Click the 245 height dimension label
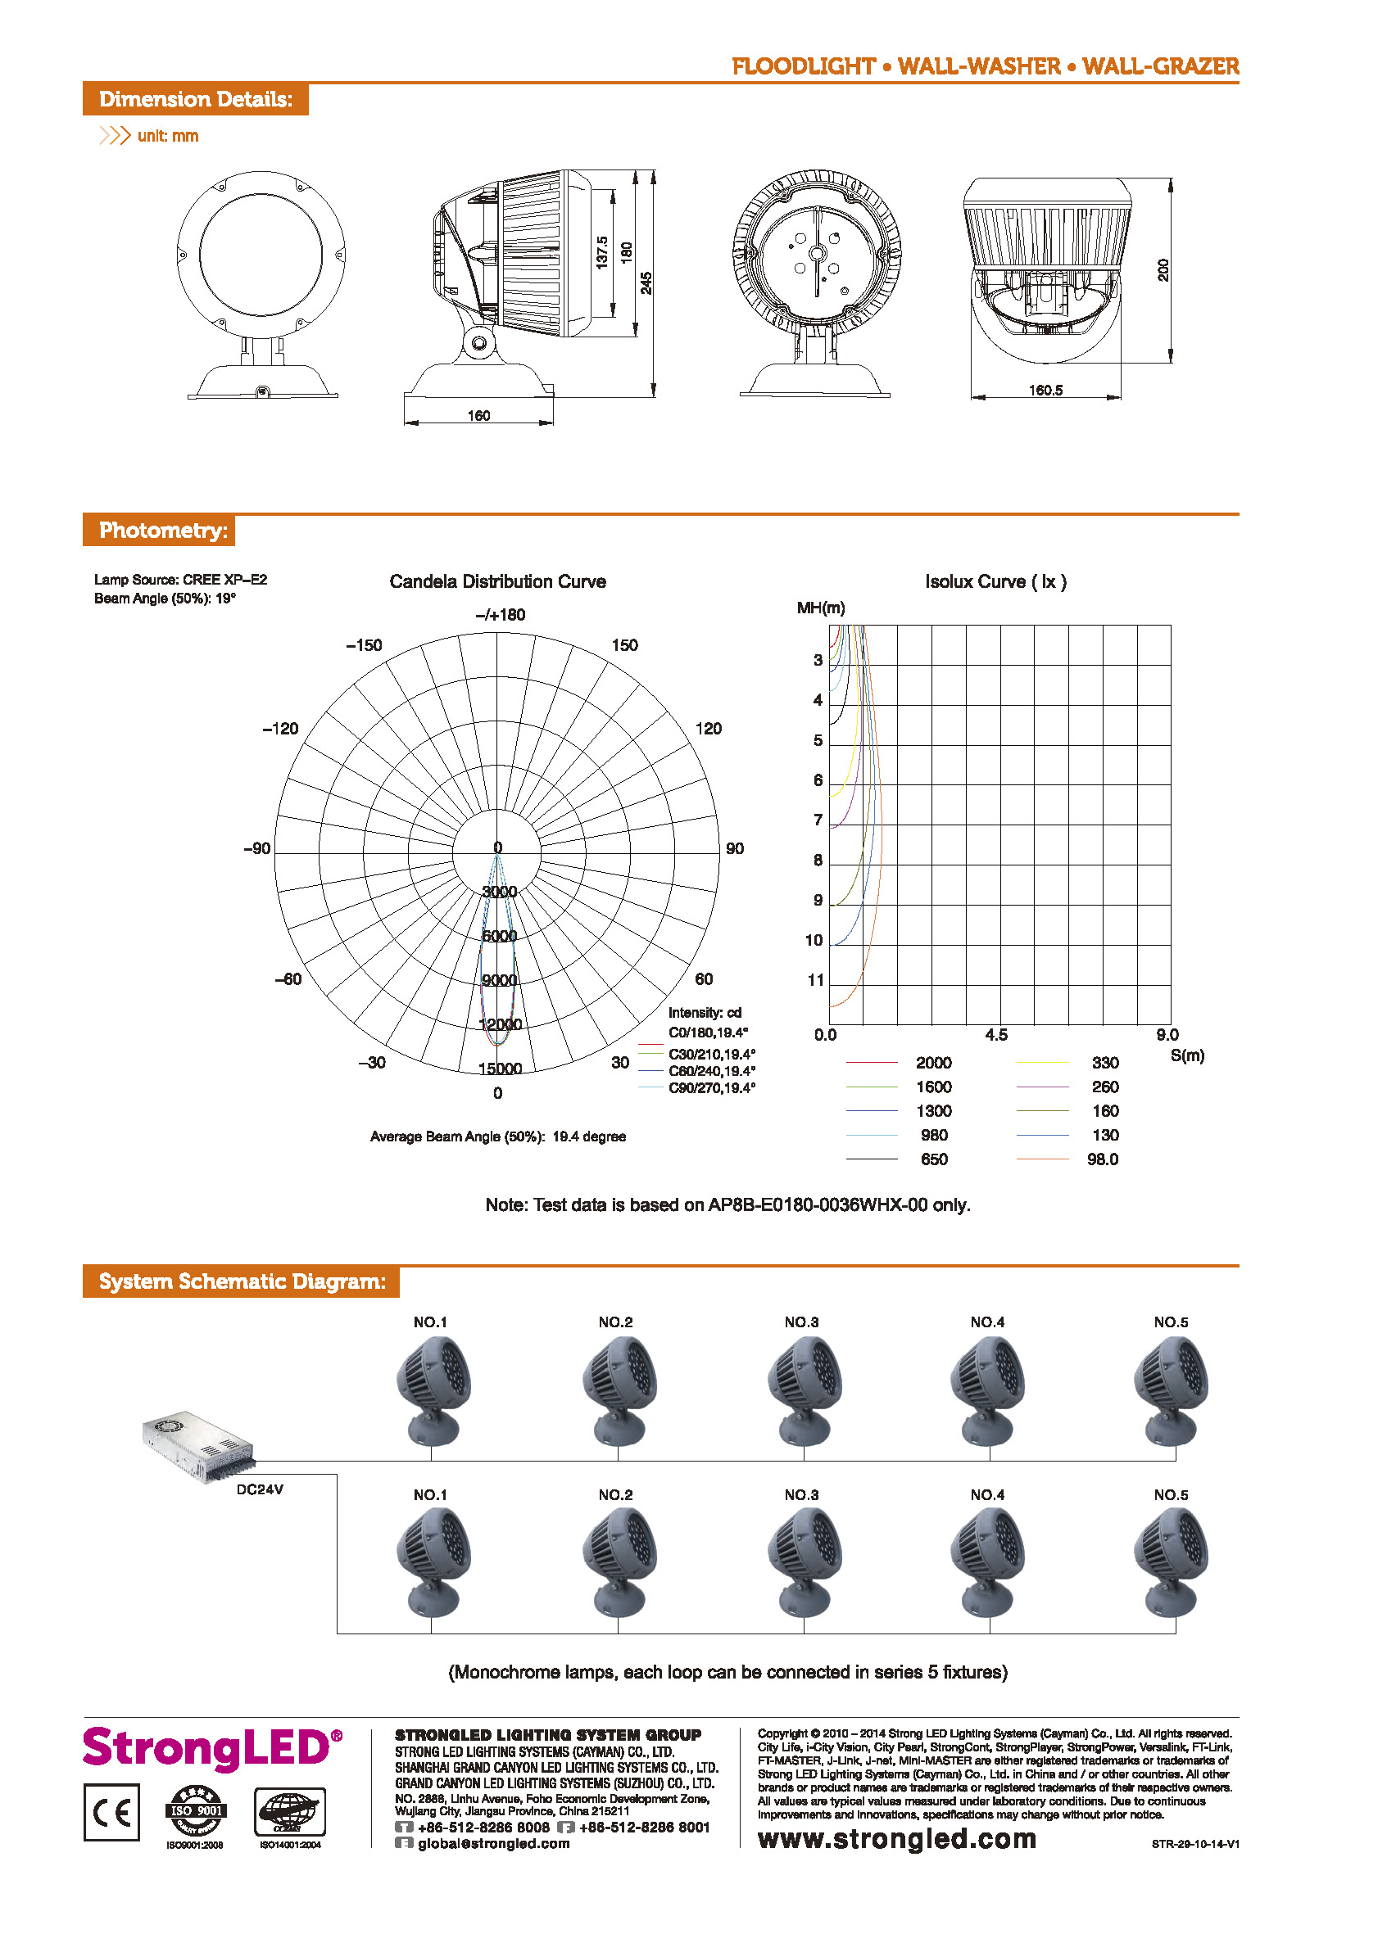(646, 283)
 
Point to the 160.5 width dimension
(1045, 390)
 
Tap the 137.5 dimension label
(601, 253)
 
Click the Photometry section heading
(163, 531)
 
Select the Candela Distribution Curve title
(497, 581)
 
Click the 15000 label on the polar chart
(500, 1069)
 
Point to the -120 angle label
(281, 728)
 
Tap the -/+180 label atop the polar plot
(500, 615)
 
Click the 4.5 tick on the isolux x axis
(995, 1034)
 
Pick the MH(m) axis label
(821, 608)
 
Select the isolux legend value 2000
(933, 1063)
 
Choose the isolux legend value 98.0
(1102, 1159)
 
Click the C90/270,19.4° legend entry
(711, 1088)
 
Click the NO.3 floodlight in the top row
(803, 1390)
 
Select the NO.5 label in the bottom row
(1171, 1495)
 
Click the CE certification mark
(111, 1812)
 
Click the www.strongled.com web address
(896, 1838)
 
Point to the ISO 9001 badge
(196, 1810)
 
